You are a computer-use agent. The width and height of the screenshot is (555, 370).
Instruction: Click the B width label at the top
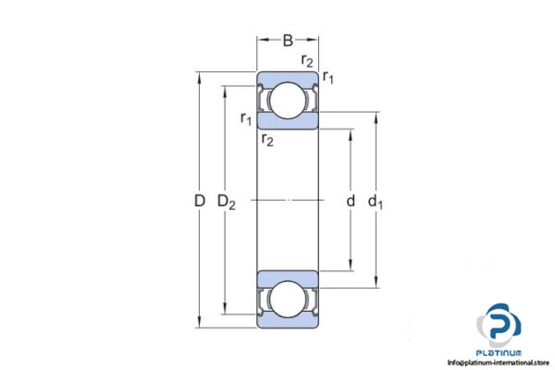pyautogui.click(x=288, y=40)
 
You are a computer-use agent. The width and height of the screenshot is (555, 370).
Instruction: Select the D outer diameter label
pyautogui.click(x=199, y=200)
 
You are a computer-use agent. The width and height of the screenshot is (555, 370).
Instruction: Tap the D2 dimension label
pyautogui.click(x=227, y=201)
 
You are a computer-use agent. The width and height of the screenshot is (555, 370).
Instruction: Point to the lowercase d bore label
pyautogui.click(x=350, y=201)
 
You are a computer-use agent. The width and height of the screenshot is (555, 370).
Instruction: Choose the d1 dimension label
pyautogui.click(x=376, y=201)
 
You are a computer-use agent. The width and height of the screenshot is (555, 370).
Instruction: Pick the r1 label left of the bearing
pyautogui.click(x=245, y=117)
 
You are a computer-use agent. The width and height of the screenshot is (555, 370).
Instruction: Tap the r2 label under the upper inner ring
pyautogui.click(x=266, y=140)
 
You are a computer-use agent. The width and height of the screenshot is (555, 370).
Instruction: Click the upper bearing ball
pyautogui.click(x=288, y=100)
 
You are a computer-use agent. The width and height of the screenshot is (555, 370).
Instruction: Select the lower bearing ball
pyautogui.click(x=288, y=299)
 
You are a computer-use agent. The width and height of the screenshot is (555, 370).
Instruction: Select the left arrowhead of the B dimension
pyautogui.click(x=261, y=40)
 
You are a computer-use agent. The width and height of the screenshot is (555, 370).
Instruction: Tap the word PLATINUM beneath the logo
pyautogui.click(x=499, y=352)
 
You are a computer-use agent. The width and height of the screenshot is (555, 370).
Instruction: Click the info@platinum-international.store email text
pyautogui.click(x=499, y=363)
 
